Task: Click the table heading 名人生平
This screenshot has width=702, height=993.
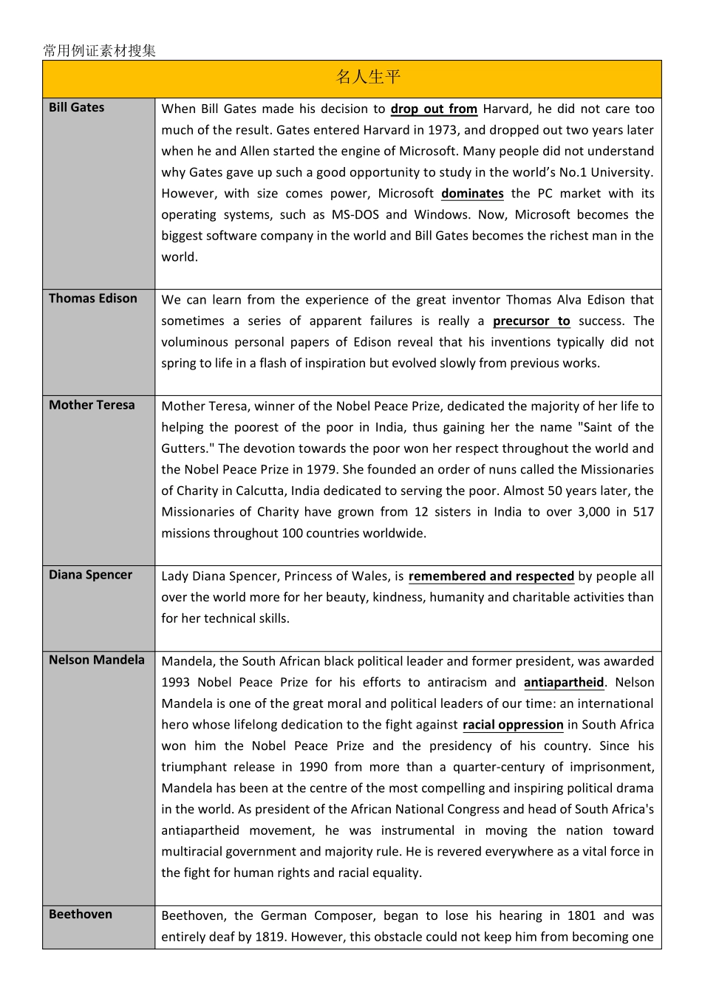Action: pyautogui.click(x=368, y=77)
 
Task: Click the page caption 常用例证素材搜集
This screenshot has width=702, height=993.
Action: pyautogui.click(x=99, y=51)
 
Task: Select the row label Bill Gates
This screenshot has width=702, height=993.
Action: pyautogui.click(x=76, y=108)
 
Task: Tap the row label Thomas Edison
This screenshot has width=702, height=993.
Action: pyautogui.click(x=92, y=298)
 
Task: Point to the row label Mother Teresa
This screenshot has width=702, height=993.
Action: pyautogui.click(x=92, y=405)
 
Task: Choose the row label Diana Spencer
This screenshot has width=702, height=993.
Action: pyautogui.click(x=90, y=575)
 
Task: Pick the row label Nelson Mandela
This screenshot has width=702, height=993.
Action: pyautogui.click(x=96, y=660)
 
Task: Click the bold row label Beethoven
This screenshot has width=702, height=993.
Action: pyautogui.click(x=81, y=915)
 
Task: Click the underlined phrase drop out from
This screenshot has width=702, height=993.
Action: pyautogui.click(x=434, y=109)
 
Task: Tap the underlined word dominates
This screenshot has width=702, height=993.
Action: pyautogui.click(x=472, y=194)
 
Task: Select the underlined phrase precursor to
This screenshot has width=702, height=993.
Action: pyautogui.click(x=531, y=321)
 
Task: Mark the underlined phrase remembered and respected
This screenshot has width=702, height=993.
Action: pyautogui.click(x=491, y=576)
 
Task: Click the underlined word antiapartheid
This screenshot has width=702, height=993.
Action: pyautogui.click(x=564, y=683)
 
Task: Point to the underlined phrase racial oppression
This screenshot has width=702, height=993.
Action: pyautogui.click(x=513, y=725)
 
